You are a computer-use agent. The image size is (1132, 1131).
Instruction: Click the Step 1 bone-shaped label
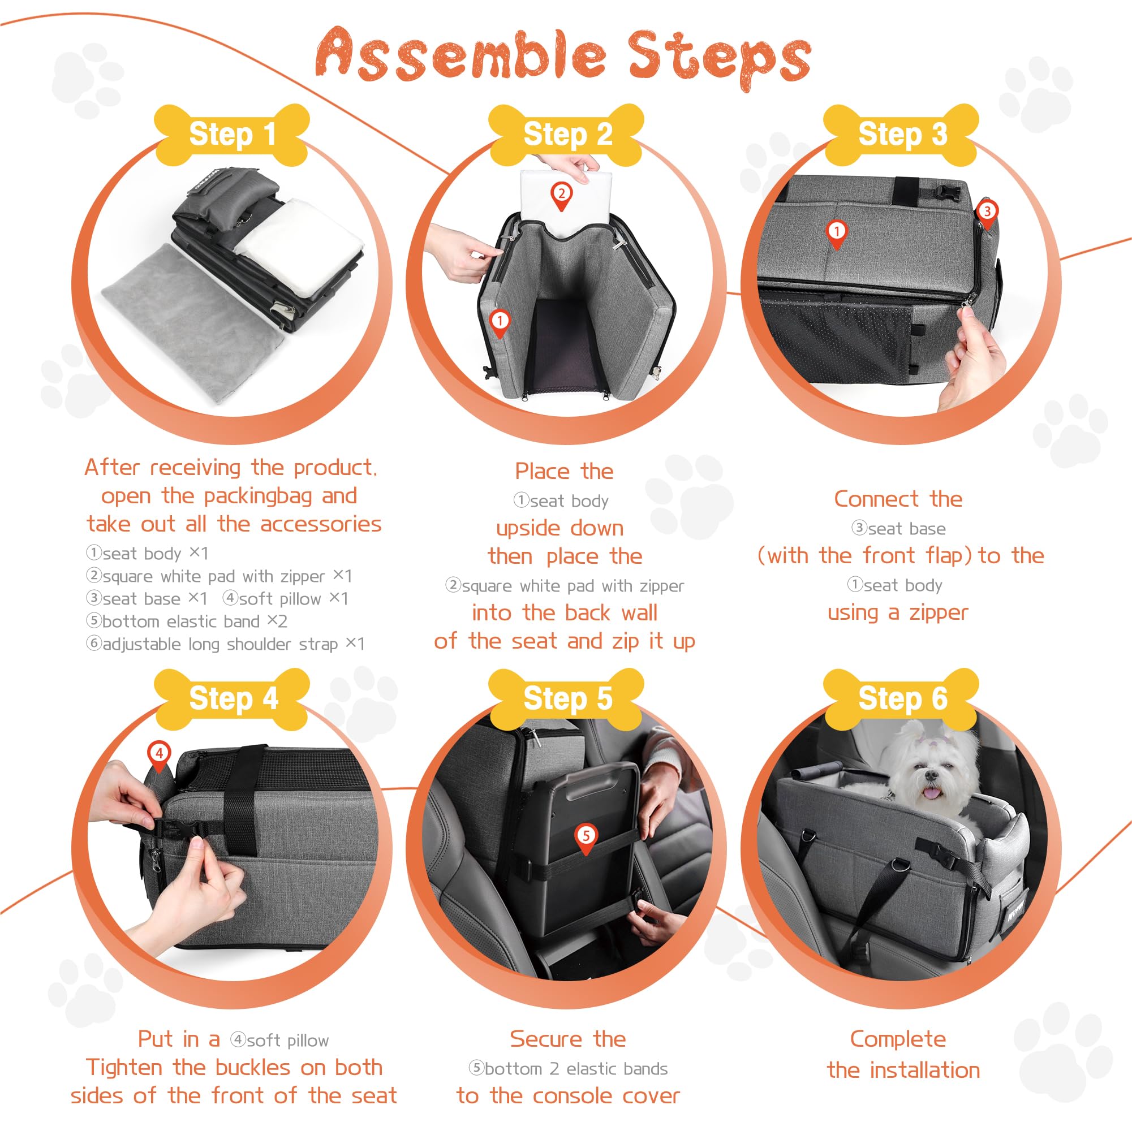(x=232, y=135)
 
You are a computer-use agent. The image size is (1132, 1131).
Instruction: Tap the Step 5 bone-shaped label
(x=567, y=698)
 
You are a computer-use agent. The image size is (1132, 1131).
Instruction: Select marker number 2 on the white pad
(x=561, y=195)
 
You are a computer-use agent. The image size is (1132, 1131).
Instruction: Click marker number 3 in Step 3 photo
(x=987, y=212)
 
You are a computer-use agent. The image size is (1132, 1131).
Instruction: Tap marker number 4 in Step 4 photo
(x=160, y=753)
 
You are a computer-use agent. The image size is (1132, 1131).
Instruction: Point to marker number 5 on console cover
(x=586, y=836)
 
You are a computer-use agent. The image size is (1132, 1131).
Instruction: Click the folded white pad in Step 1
(x=299, y=246)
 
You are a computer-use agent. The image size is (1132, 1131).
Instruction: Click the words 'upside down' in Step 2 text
(x=559, y=528)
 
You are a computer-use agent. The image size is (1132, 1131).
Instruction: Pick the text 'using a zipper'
(x=898, y=613)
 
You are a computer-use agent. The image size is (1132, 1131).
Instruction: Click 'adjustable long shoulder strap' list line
(x=226, y=644)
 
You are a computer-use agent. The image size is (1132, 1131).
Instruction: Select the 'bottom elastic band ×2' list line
(x=187, y=621)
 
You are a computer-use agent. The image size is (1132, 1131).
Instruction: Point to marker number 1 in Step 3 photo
(x=837, y=232)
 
